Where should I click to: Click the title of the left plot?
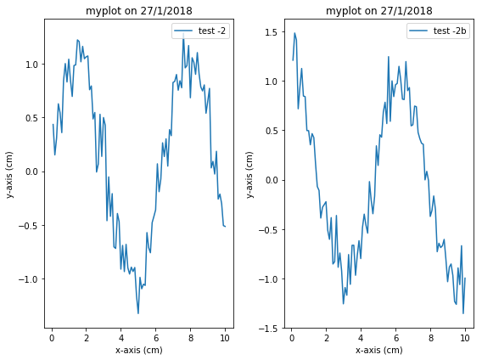coord(138,11)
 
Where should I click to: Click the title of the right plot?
coord(379,11)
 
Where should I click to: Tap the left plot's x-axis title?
coord(138,349)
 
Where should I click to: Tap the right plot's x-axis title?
coord(379,349)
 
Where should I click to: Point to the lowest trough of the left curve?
coord(138,314)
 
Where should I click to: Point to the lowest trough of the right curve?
coord(463,313)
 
